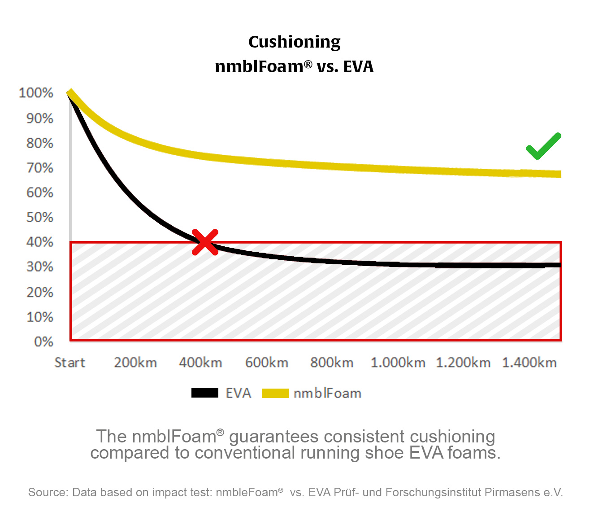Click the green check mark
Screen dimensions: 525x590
pos(543,147)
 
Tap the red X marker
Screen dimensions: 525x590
pos(205,242)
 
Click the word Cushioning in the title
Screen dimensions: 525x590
pos(294,42)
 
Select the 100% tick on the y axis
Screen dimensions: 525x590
pos(36,93)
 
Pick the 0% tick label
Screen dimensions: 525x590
pos(43,342)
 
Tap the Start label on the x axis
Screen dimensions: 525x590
pos(69,363)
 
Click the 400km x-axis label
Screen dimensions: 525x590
pos(200,363)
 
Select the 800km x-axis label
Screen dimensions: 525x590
pos(332,363)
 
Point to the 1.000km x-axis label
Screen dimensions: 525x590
pos(398,363)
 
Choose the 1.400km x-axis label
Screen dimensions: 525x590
pos(529,363)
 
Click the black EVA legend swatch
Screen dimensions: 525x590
pos(205,393)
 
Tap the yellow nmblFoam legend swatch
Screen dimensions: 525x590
pos(275,393)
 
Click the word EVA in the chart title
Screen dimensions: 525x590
pos(358,66)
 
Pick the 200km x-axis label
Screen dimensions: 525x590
pos(135,363)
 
